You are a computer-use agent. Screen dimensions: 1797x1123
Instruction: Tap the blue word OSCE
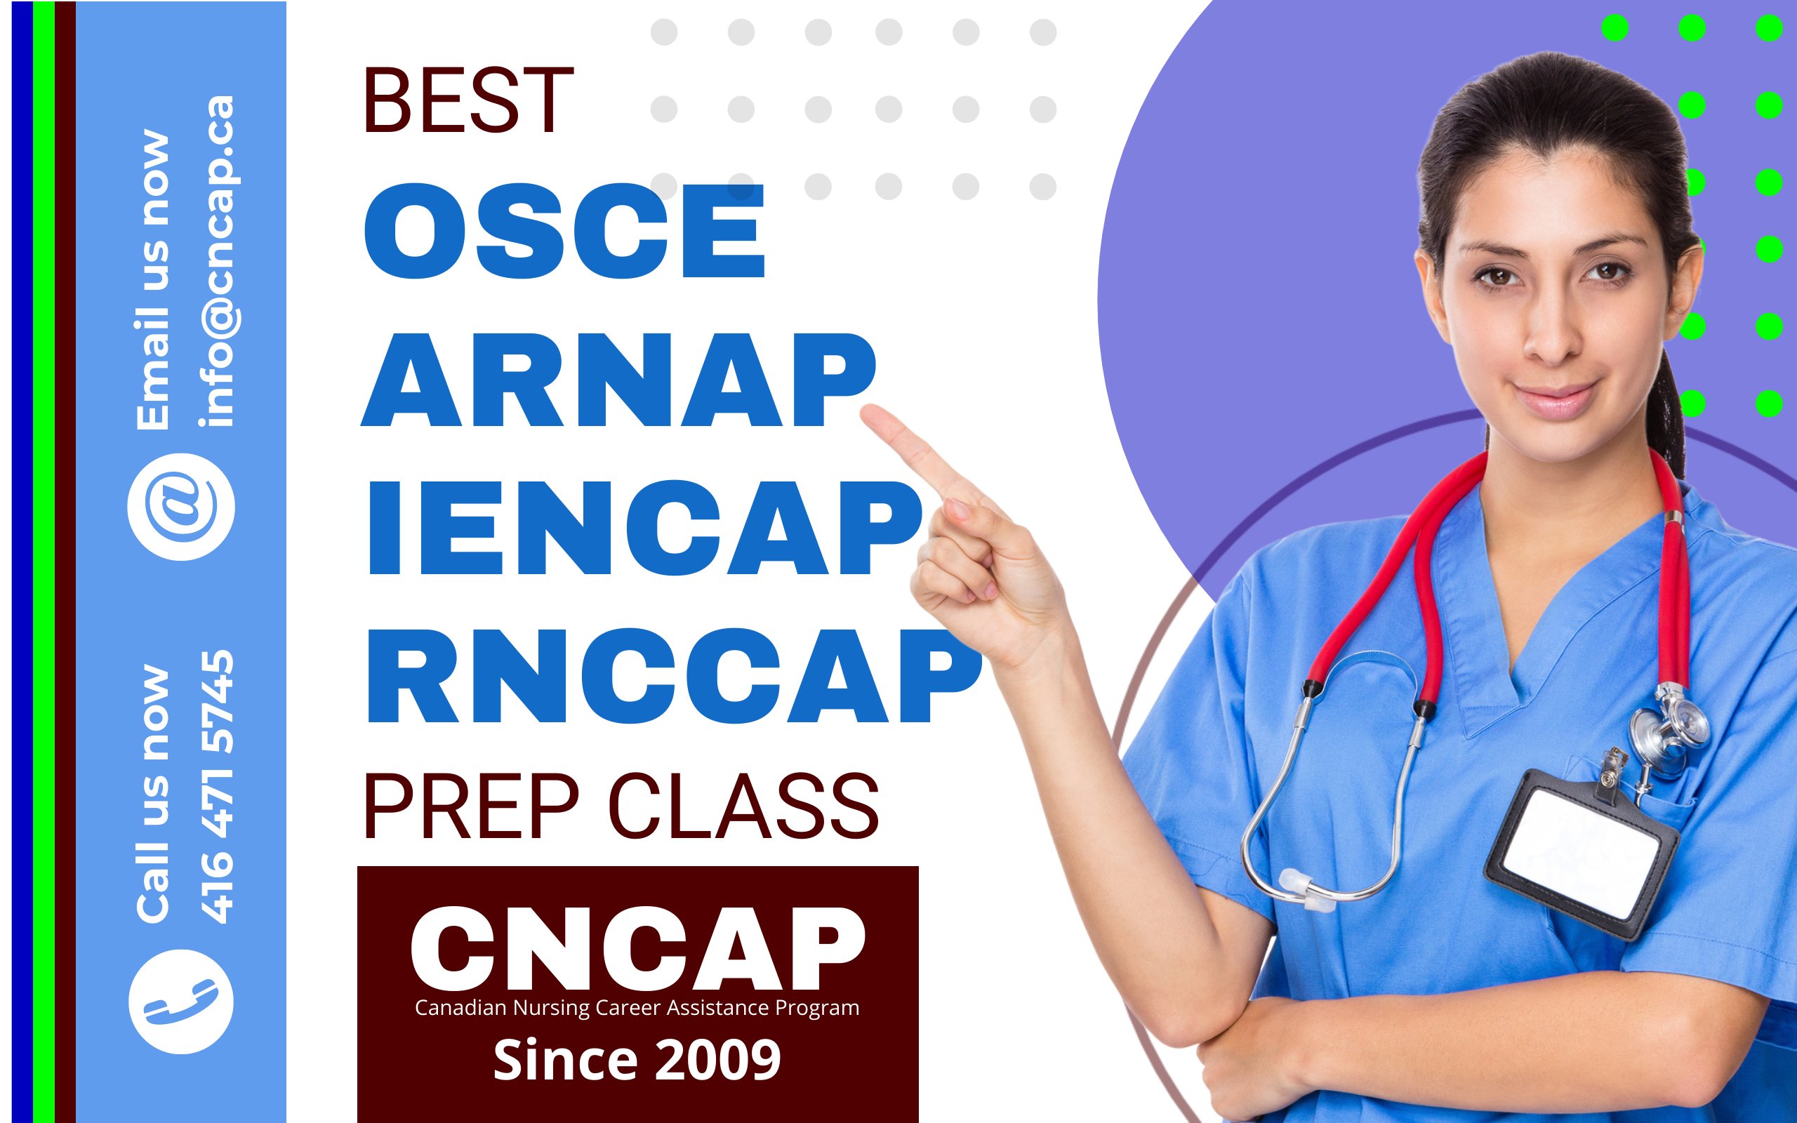pyautogui.click(x=564, y=231)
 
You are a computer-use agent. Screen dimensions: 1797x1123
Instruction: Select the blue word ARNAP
pyautogui.click(x=618, y=380)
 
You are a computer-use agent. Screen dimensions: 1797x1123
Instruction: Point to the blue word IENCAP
pyautogui.click(x=645, y=528)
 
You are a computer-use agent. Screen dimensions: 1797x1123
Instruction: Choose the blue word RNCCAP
pyautogui.click(x=675, y=675)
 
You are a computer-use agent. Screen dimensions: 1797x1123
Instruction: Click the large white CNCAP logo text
pyautogui.click(x=638, y=948)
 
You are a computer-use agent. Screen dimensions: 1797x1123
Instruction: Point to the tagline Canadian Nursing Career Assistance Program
pyautogui.click(x=637, y=1008)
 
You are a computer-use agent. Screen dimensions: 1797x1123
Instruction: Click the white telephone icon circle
pyautogui.click(x=180, y=1001)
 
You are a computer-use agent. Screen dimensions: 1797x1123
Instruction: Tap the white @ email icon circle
pyautogui.click(x=180, y=507)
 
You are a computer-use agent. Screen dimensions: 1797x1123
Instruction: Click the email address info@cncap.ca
pyautogui.click(x=218, y=261)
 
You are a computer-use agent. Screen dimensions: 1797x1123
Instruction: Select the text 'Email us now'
pyautogui.click(x=152, y=280)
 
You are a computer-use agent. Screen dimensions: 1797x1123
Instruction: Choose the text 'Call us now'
pyautogui.click(x=152, y=795)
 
